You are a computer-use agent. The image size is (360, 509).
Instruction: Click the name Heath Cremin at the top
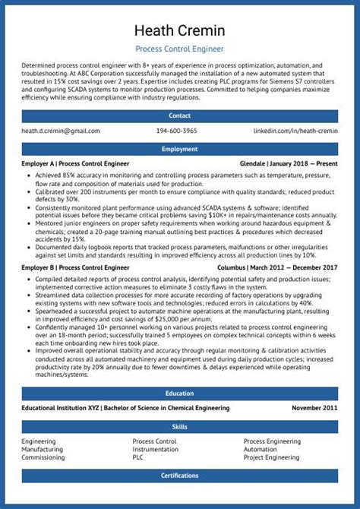[x=180, y=31]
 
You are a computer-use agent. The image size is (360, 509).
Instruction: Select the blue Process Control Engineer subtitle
[x=180, y=49]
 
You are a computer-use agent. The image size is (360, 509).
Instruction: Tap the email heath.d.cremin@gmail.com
[x=61, y=131]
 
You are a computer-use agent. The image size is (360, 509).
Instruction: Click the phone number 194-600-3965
[x=176, y=131]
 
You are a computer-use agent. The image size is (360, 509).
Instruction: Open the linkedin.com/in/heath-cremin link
[x=295, y=131]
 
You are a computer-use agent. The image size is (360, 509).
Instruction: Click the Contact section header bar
[x=180, y=115]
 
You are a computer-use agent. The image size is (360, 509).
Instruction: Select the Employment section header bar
[x=180, y=149]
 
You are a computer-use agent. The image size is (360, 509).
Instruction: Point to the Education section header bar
[x=180, y=393]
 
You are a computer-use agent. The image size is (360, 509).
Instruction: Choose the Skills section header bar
[x=180, y=426]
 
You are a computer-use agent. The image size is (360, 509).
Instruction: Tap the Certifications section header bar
[x=180, y=476]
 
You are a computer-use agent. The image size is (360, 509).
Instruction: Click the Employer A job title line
[x=75, y=163]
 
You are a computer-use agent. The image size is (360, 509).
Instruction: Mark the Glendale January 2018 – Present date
[x=289, y=163]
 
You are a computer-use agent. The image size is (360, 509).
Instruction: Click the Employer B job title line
[x=75, y=267]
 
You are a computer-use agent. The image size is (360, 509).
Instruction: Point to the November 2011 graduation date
[x=314, y=408]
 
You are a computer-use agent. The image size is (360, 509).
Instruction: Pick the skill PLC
[x=138, y=458]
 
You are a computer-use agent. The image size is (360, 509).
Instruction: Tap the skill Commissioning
[x=43, y=458]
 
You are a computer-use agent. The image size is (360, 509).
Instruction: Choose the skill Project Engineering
[x=271, y=458]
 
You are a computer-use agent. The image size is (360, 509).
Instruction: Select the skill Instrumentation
[x=156, y=450]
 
